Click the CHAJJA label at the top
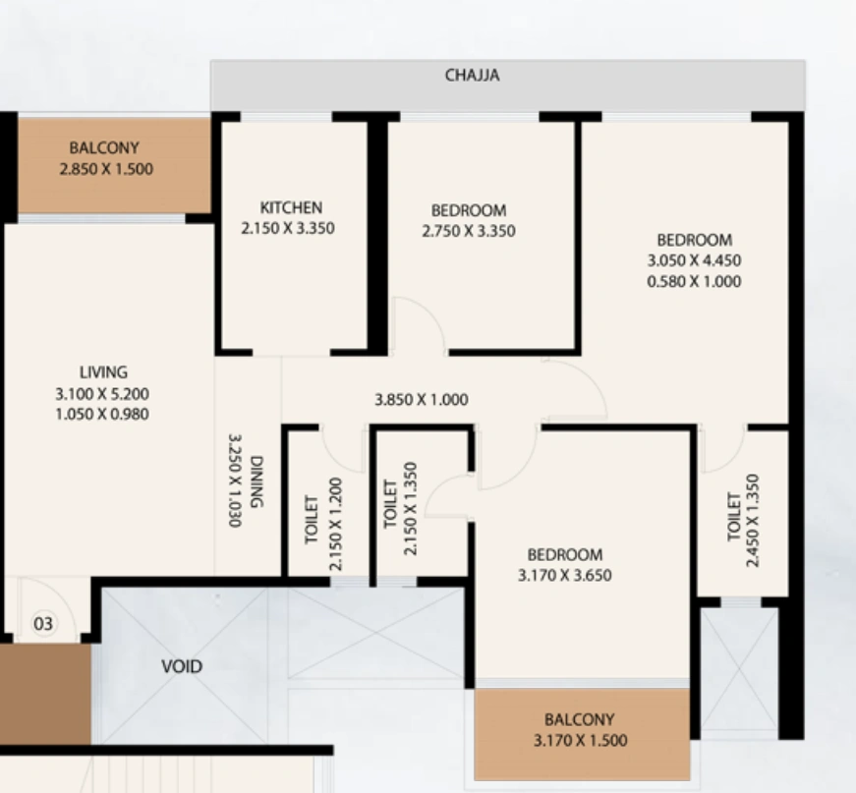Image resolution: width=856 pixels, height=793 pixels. pyautogui.click(x=472, y=76)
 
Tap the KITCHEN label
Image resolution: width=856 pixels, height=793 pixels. pyautogui.click(x=291, y=207)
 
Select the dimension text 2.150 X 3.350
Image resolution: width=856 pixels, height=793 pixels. pyautogui.click(x=288, y=228)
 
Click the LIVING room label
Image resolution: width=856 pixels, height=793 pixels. pyautogui.click(x=104, y=372)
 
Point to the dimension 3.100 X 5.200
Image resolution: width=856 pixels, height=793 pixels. pyautogui.click(x=102, y=393)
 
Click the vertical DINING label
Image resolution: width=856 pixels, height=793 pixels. pyautogui.click(x=257, y=481)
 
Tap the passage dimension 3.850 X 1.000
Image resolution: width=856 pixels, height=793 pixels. pyautogui.click(x=421, y=400)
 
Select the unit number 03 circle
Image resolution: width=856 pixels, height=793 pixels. pyautogui.click(x=43, y=623)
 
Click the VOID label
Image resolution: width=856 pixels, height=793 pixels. pyautogui.click(x=182, y=666)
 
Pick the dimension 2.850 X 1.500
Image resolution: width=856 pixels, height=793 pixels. pyautogui.click(x=106, y=169)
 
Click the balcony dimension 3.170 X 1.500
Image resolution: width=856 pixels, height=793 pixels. pyautogui.click(x=580, y=740)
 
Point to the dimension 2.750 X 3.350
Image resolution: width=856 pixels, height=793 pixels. pyautogui.click(x=469, y=231)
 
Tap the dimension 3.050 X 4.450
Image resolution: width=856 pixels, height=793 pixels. pyautogui.click(x=694, y=260)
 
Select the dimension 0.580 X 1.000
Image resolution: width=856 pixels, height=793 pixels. pyautogui.click(x=694, y=282)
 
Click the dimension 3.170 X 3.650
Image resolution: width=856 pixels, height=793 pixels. pyautogui.click(x=564, y=575)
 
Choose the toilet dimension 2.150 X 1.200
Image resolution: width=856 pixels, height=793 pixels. pyautogui.click(x=336, y=525)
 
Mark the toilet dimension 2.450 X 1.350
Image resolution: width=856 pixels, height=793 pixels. pyautogui.click(x=752, y=521)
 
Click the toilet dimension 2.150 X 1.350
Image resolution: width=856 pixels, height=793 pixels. pyautogui.click(x=410, y=509)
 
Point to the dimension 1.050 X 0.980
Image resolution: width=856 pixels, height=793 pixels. pyautogui.click(x=102, y=415)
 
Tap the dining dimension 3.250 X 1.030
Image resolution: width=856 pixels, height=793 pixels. pyautogui.click(x=235, y=481)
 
